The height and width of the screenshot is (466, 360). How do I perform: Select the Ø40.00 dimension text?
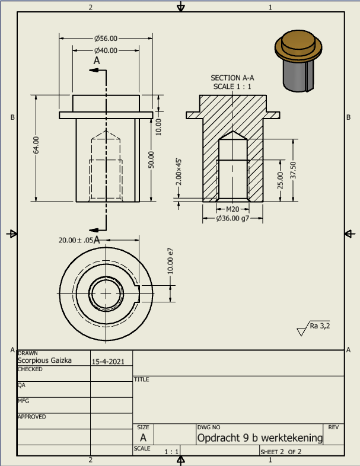tap(106, 50)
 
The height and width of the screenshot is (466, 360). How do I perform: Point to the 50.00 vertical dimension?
tap(151, 159)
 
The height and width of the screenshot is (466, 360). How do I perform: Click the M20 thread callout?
tap(232, 209)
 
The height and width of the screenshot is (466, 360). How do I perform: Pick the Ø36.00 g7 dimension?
tap(232, 218)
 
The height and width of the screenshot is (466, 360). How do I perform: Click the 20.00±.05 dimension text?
tap(76, 240)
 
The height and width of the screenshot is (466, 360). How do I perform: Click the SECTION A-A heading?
tap(232, 78)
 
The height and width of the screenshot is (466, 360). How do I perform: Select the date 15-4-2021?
tap(107, 360)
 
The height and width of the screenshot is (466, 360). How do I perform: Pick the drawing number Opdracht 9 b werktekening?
tap(260, 438)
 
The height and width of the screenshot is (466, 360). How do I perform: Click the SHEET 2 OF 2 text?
tap(281, 451)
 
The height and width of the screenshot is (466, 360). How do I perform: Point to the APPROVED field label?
tap(32, 417)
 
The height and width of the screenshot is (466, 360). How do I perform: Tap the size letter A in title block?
tap(142, 438)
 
